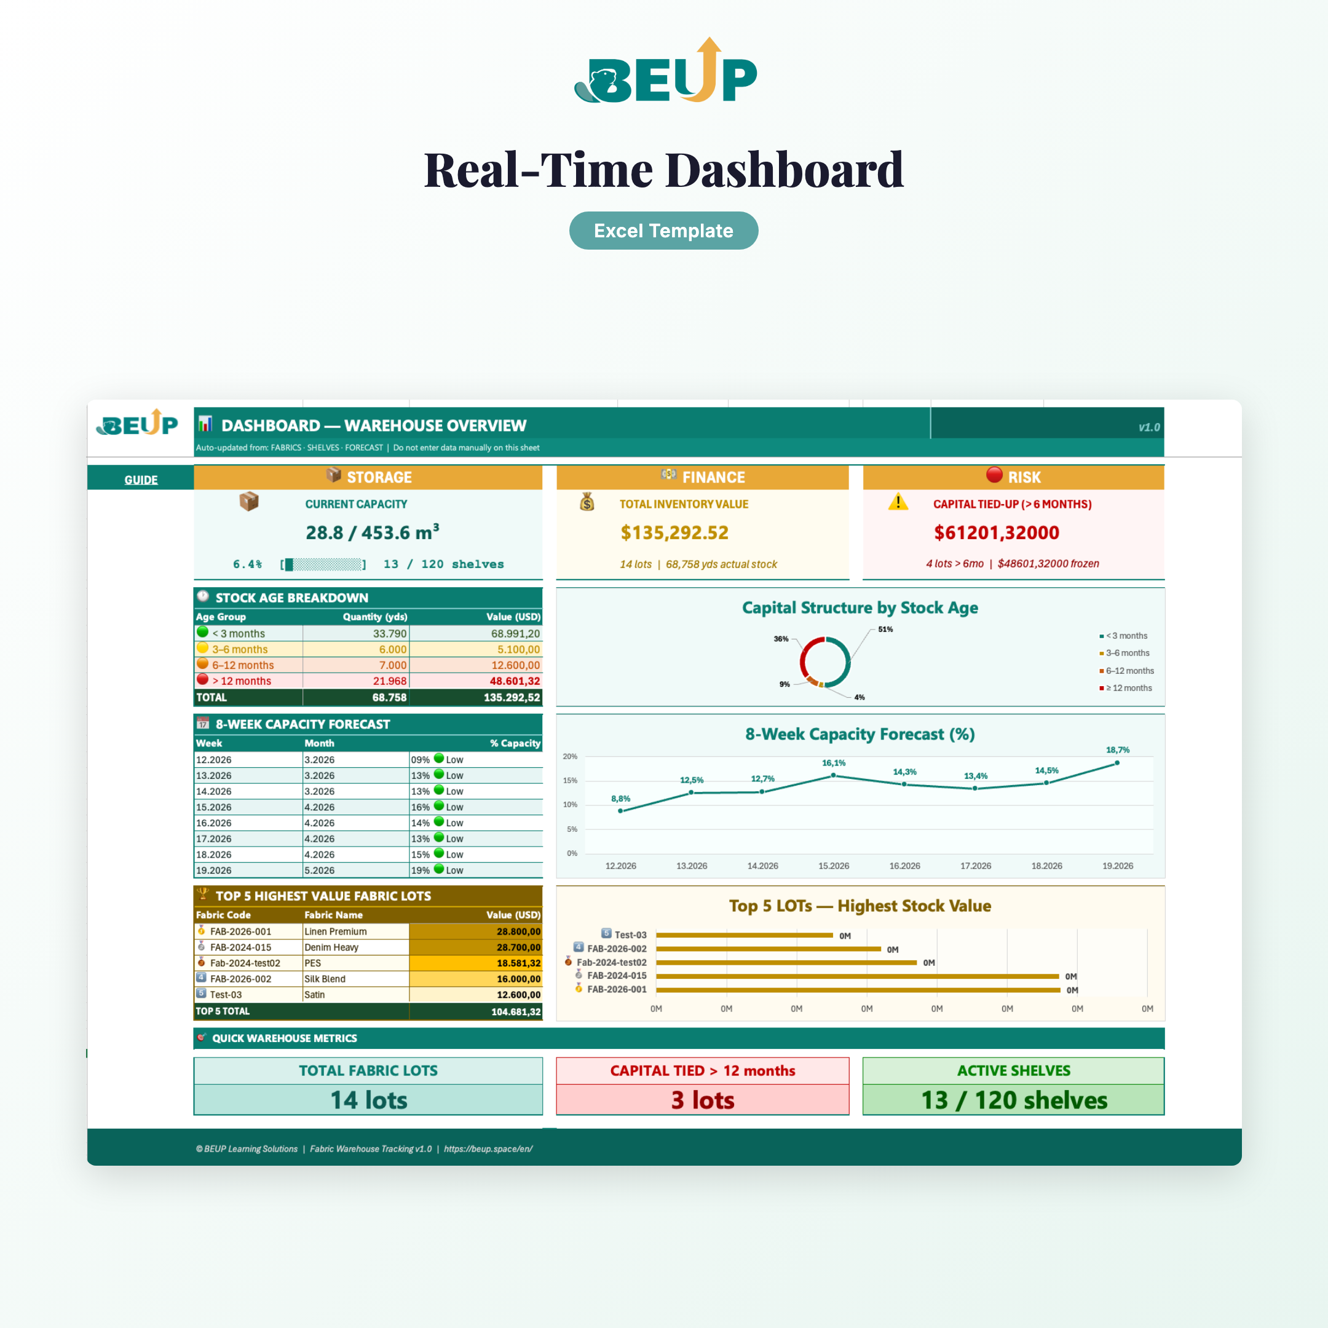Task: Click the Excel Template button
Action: point(663,231)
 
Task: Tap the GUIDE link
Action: point(141,480)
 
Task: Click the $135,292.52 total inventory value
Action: point(674,532)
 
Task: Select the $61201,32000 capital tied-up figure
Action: point(996,532)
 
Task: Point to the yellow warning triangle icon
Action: point(898,502)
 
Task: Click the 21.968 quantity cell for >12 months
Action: point(390,681)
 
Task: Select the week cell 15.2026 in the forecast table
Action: point(214,807)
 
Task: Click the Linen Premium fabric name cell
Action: point(336,931)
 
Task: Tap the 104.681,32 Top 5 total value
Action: point(516,1012)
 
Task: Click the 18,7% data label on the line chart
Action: point(1118,750)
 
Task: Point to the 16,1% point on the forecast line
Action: point(833,775)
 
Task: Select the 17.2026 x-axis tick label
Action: point(975,866)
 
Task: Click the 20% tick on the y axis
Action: point(570,757)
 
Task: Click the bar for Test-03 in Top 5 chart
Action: point(745,935)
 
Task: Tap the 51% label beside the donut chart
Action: point(885,630)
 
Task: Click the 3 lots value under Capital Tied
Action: point(703,1101)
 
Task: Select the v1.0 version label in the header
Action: point(1148,427)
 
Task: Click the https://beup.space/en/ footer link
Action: point(488,1148)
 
